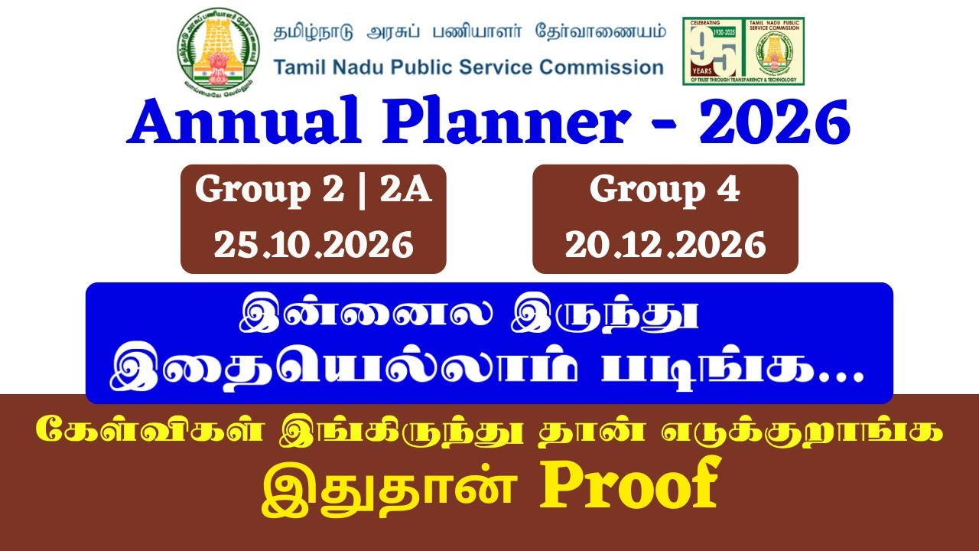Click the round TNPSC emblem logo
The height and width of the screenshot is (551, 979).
tap(219, 51)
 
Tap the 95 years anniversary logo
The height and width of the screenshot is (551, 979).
tap(743, 51)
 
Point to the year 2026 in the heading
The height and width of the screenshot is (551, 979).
tap(773, 122)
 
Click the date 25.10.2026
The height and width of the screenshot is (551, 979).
tap(314, 245)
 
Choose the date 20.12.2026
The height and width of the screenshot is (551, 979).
tap(665, 245)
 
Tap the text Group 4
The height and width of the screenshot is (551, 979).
tap(665, 191)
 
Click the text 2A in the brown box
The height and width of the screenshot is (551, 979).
tap(406, 191)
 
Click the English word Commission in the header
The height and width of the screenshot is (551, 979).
tap(601, 67)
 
